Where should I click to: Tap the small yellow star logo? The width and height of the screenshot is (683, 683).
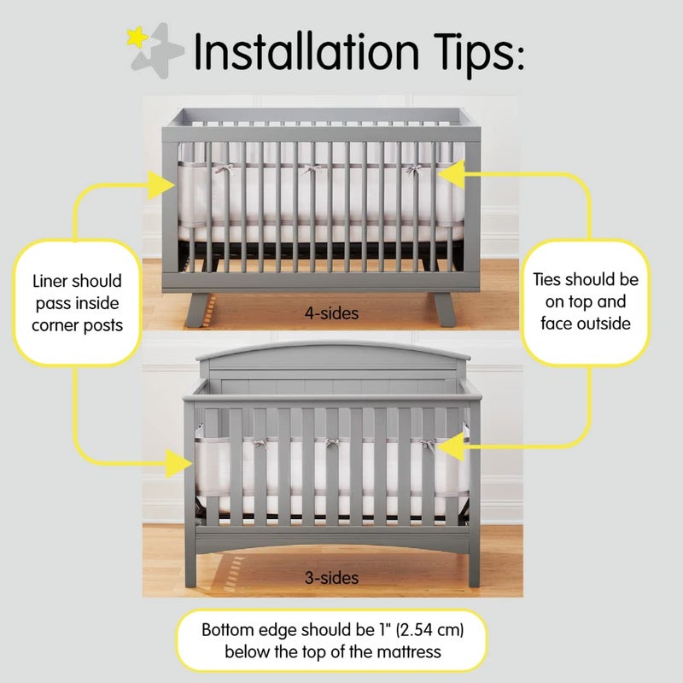(134, 37)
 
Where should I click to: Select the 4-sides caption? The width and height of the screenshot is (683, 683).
(331, 313)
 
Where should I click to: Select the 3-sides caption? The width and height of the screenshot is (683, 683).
(331, 578)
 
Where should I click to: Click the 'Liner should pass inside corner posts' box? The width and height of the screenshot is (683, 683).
(76, 302)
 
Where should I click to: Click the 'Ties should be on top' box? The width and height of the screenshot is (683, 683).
(585, 301)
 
